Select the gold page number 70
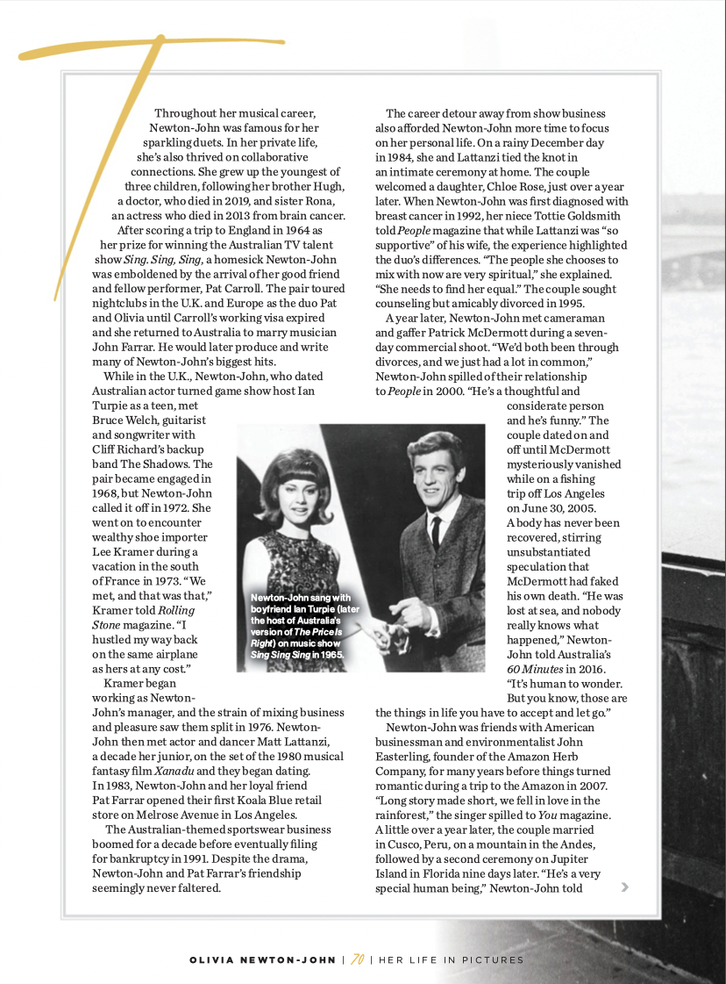point(357,959)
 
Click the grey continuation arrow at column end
point(624,887)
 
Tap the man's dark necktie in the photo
point(436,532)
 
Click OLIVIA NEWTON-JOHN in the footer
point(263,960)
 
